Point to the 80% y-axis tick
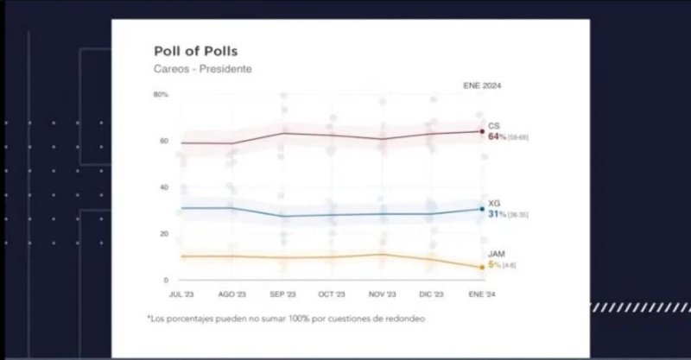pos(161,94)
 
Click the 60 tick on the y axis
pos(162,141)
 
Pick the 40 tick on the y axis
pos(162,187)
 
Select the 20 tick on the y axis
pos(162,234)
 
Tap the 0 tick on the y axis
pos(165,281)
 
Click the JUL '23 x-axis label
pos(181,294)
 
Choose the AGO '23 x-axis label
pos(231,294)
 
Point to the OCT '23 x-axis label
pos(332,294)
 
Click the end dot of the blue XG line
pos(482,209)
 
